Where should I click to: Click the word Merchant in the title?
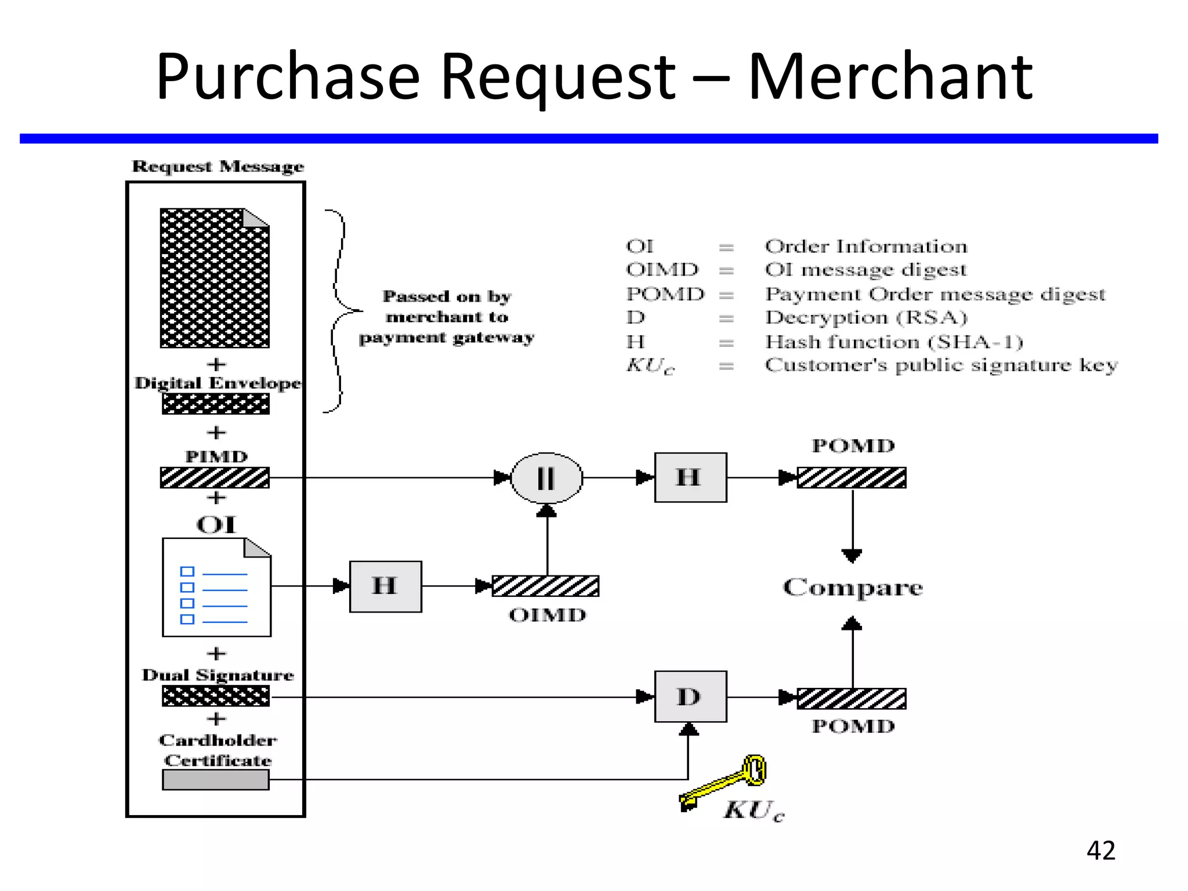click(x=890, y=77)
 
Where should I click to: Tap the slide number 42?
click(x=1100, y=850)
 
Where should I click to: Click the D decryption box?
click(x=690, y=696)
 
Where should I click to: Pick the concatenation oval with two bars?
click(x=546, y=478)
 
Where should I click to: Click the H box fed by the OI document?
click(x=385, y=586)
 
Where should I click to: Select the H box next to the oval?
click(x=690, y=477)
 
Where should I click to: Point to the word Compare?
click(x=852, y=588)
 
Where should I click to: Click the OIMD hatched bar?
click(x=545, y=586)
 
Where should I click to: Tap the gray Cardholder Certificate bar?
click(x=215, y=780)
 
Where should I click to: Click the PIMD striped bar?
click(x=215, y=477)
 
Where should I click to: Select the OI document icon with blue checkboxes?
click(x=216, y=588)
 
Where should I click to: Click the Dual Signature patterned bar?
click(x=215, y=696)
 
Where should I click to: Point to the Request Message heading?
click(x=218, y=166)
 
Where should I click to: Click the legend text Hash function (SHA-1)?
click(x=893, y=342)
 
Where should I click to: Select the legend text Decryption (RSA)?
click(x=865, y=317)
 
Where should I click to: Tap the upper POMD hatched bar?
click(x=851, y=477)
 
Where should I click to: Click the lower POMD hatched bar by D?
click(x=851, y=698)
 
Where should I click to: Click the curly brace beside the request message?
click(x=339, y=311)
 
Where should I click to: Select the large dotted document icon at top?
click(x=215, y=278)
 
